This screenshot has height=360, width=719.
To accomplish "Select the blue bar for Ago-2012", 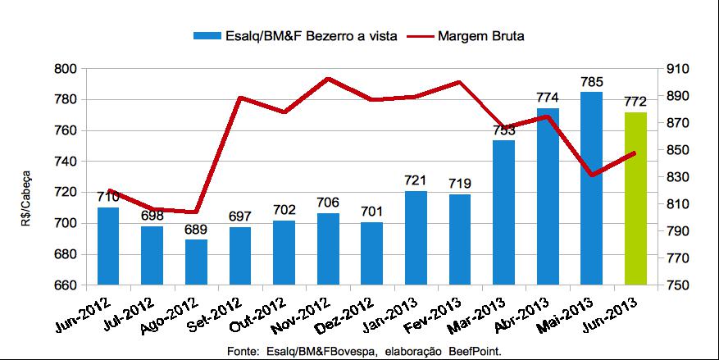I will (x=196, y=262).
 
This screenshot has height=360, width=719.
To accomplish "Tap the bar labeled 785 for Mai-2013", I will (x=590, y=189).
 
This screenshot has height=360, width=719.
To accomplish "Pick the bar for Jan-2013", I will (x=416, y=238).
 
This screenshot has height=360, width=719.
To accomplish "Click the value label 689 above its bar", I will (x=196, y=229).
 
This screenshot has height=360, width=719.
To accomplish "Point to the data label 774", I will (x=547, y=98).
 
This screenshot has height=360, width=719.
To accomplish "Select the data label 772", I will (x=635, y=102).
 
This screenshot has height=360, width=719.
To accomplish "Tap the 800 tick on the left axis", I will (x=66, y=70).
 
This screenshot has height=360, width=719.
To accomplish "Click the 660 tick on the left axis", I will (x=66, y=285).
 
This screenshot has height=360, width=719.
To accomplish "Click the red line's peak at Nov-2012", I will (x=328, y=79).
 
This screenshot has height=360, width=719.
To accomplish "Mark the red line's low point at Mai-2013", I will (x=590, y=175).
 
